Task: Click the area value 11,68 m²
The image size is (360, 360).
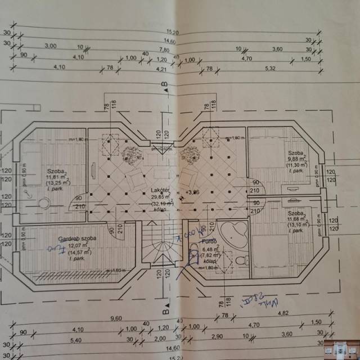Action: pos(296,220)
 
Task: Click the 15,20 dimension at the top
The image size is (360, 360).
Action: pos(173,31)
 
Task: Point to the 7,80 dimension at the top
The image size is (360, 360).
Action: pos(173,49)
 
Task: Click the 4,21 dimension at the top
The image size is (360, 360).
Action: pos(163,69)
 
